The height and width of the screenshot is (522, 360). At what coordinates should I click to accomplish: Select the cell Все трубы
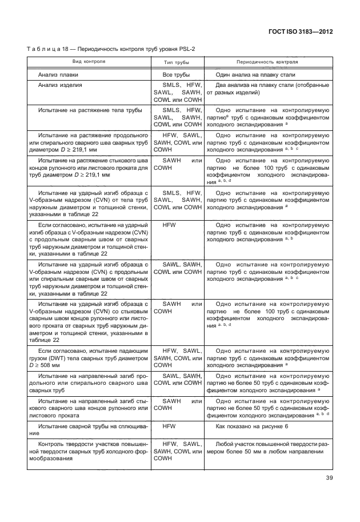point(177,75)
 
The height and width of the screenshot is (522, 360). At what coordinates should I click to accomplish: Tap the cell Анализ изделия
point(60,85)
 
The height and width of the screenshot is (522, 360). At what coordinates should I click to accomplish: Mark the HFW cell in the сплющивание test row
point(169,427)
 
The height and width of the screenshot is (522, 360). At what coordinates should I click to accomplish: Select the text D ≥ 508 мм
point(50,364)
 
